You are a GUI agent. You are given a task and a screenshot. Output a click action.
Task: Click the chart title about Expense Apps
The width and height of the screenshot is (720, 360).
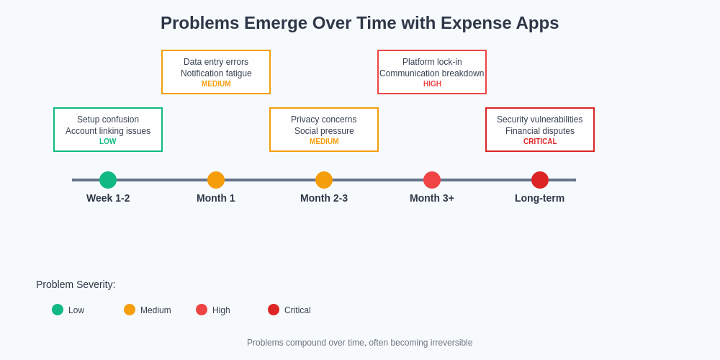point(359,23)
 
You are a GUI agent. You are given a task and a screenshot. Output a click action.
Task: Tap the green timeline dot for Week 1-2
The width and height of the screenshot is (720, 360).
point(108,180)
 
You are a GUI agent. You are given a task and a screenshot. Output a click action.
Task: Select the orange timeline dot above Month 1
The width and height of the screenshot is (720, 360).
point(216,180)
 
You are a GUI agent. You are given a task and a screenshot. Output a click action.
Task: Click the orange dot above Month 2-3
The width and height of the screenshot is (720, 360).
point(324,180)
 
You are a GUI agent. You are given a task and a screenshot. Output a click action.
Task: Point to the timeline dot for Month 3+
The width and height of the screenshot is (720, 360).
point(432,180)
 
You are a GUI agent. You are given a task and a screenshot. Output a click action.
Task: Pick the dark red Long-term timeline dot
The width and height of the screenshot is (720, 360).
point(540,180)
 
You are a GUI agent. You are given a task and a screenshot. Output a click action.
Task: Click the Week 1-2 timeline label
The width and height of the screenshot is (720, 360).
point(108,198)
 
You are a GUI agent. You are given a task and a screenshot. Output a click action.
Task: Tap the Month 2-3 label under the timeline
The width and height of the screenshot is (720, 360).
point(324,198)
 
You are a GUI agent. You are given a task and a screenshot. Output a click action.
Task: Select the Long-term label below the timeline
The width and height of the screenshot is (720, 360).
point(539,198)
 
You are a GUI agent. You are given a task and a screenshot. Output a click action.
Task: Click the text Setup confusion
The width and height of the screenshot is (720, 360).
point(108,120)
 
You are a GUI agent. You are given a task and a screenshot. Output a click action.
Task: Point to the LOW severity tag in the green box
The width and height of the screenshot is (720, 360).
point(108,142)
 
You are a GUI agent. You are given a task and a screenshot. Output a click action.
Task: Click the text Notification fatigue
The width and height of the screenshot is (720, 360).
point(216,73)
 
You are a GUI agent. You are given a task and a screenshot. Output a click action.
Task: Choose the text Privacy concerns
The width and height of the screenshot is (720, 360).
point(324,120)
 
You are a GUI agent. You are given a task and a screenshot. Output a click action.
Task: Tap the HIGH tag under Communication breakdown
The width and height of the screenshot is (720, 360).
point(432,84)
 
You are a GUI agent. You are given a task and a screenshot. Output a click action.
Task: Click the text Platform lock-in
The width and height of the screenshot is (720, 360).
point(432,62)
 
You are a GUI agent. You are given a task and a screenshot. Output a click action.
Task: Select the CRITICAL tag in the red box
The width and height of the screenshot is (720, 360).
point(540,142)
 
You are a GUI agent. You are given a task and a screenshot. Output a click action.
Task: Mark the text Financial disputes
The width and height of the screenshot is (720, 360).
point(540,131)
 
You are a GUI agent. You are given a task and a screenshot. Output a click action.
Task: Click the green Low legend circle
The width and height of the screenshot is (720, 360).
point(58,310)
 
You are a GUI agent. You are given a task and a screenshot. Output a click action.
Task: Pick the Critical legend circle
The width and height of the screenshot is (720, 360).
point(274,310)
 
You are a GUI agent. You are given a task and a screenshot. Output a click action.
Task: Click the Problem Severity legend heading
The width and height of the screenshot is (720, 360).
point(76,284)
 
